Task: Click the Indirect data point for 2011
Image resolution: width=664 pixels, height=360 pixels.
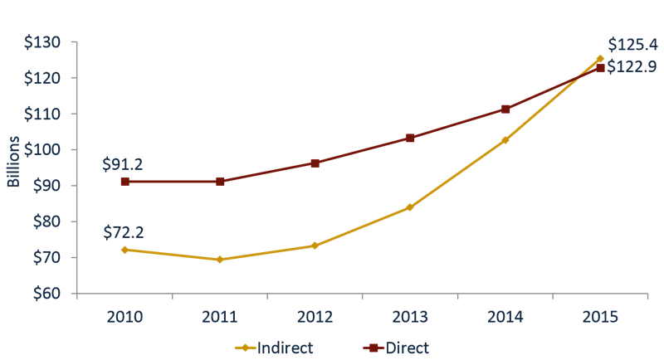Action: click(220, 260)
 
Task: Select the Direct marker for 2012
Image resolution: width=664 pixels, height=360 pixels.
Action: click(315, 163)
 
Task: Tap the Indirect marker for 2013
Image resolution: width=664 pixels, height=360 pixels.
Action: click(409, 207)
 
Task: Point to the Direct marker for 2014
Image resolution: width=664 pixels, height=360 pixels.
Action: click(505, 109)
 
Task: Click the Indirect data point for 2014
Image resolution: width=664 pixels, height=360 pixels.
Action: click(505, 140)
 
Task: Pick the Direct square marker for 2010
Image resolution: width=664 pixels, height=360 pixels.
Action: click(125, 181)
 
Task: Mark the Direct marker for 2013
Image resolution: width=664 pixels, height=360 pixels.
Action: click(410, 138)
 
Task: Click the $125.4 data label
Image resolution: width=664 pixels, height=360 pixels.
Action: click(632, 45)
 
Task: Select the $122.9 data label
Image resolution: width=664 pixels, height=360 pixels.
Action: click(632, 67)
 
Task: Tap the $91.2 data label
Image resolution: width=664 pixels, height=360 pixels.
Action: click(124, 163)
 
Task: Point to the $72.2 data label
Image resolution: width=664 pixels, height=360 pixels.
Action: click(124, 231)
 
